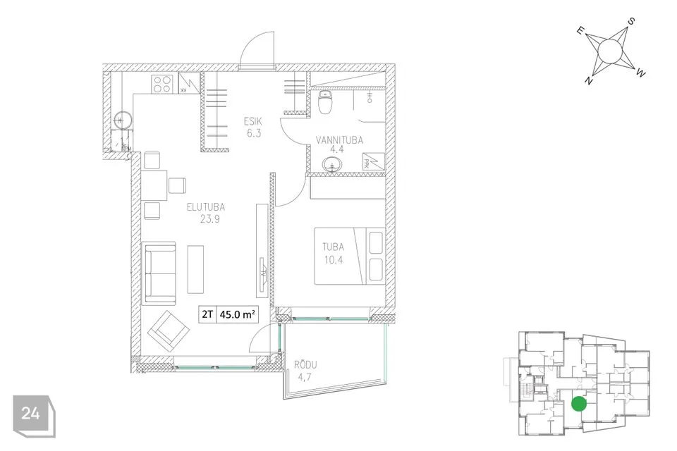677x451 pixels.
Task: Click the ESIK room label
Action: point(252,121)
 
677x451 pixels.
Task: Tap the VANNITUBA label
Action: point(339,140)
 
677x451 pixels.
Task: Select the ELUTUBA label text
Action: point(205,206)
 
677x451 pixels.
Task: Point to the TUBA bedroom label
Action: point(334,247)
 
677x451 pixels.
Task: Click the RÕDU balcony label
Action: point(303,365)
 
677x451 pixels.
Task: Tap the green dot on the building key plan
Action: point(578,404)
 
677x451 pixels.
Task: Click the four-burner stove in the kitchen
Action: point(163,84)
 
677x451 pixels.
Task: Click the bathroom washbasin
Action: point(331,164)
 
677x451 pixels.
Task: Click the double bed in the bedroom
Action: point(349,256)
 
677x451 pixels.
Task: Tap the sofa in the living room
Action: point(159,273)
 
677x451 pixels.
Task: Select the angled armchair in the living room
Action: point(169,331)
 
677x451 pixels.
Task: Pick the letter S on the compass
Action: point(631,20)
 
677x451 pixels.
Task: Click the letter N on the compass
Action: point(588,80)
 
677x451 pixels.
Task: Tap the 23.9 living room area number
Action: point(210,219)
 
